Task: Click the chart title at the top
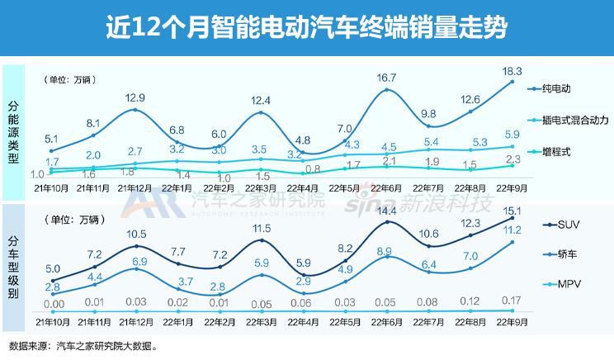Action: point(306,27)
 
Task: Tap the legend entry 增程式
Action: point(559,152)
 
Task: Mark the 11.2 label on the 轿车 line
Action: point(512,230)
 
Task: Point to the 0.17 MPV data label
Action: point(512,298)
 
